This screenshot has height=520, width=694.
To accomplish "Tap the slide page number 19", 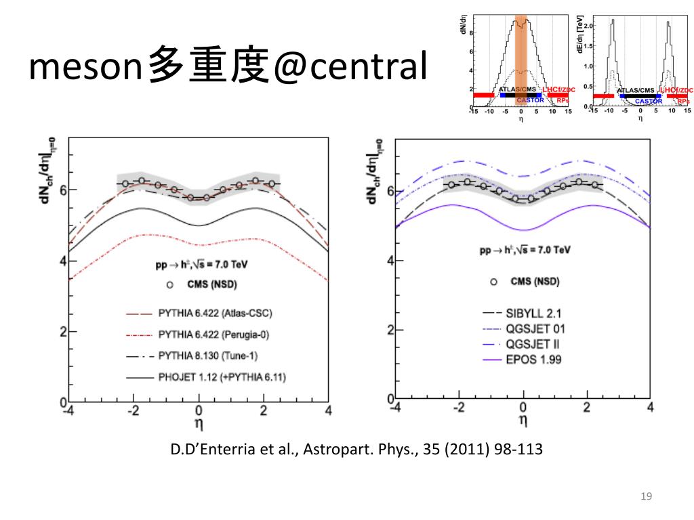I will point(645,498).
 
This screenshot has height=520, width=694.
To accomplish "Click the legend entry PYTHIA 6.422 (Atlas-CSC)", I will point(215,313).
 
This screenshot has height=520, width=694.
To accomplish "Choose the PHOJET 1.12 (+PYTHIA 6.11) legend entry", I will point(225,376).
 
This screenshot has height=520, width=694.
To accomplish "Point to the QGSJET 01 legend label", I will point(535,329).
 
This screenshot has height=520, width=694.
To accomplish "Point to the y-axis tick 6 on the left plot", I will point(62,189).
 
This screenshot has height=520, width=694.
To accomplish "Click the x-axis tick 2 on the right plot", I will point(586,408).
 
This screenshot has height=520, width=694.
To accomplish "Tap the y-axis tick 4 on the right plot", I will point(391,261).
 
